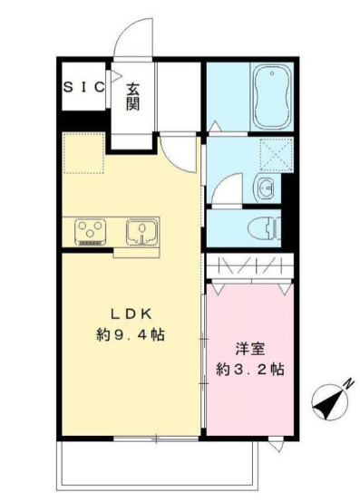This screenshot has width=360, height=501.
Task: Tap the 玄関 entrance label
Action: pos(132,96)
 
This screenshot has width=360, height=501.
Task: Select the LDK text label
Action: pos(136,314)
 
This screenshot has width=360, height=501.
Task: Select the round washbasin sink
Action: pos(264,188)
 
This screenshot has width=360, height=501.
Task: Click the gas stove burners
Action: pos(90,231)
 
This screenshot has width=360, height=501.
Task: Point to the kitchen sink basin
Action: pos(141,231)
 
